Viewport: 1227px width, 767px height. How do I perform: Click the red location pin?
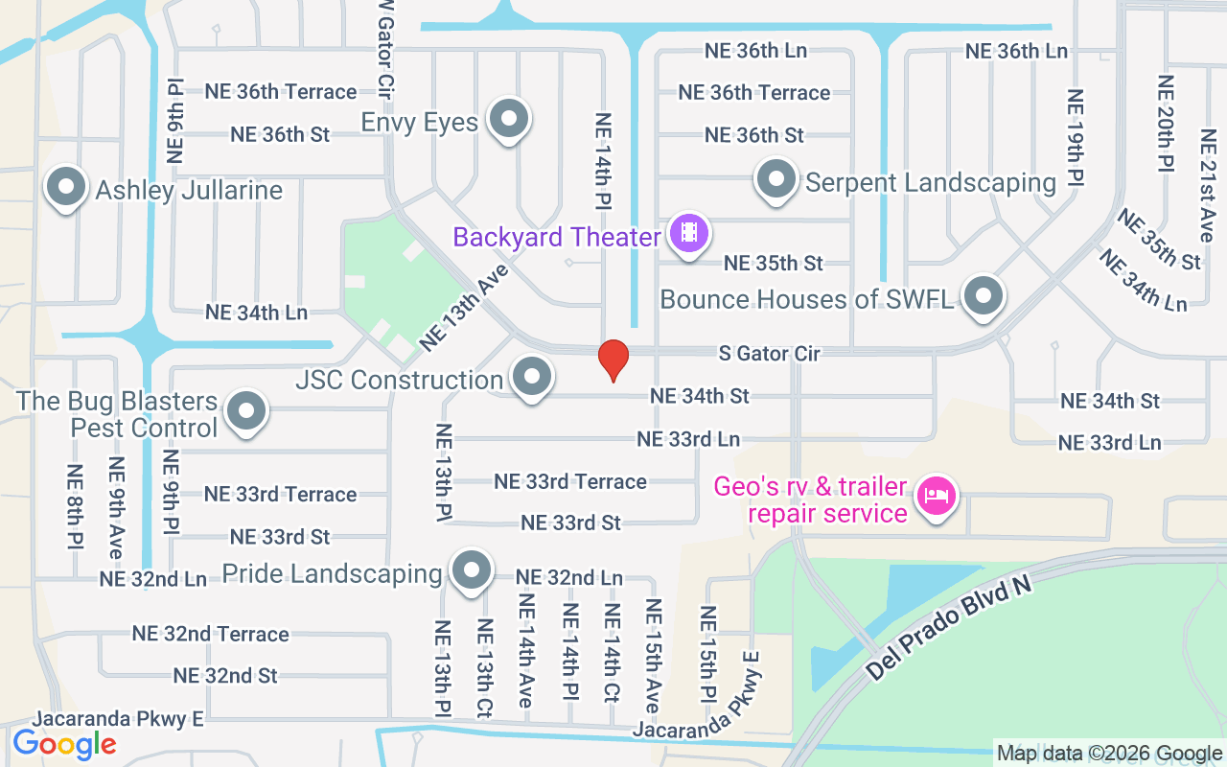pos(613,360)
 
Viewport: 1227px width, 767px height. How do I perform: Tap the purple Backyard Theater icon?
pos(688,233)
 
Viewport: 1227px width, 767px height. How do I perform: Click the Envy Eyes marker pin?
pos(509,120)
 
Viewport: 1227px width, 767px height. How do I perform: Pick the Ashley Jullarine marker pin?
pos(66,187)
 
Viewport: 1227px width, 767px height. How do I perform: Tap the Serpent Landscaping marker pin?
pos(776,179)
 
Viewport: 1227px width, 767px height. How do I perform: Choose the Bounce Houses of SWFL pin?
pos(983,297)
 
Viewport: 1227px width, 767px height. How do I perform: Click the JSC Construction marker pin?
pos(531,377)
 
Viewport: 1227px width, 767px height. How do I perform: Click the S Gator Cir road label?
pos(770,354)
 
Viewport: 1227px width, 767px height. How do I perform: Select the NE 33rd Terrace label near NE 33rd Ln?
pos(570,481)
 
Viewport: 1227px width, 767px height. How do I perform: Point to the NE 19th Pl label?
pos(1076,137)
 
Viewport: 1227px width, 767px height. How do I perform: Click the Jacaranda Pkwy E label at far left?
pos(119,719)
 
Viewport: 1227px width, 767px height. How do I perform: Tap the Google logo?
pos(64,743)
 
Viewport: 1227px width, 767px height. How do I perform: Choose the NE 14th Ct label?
pos(612,654)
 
